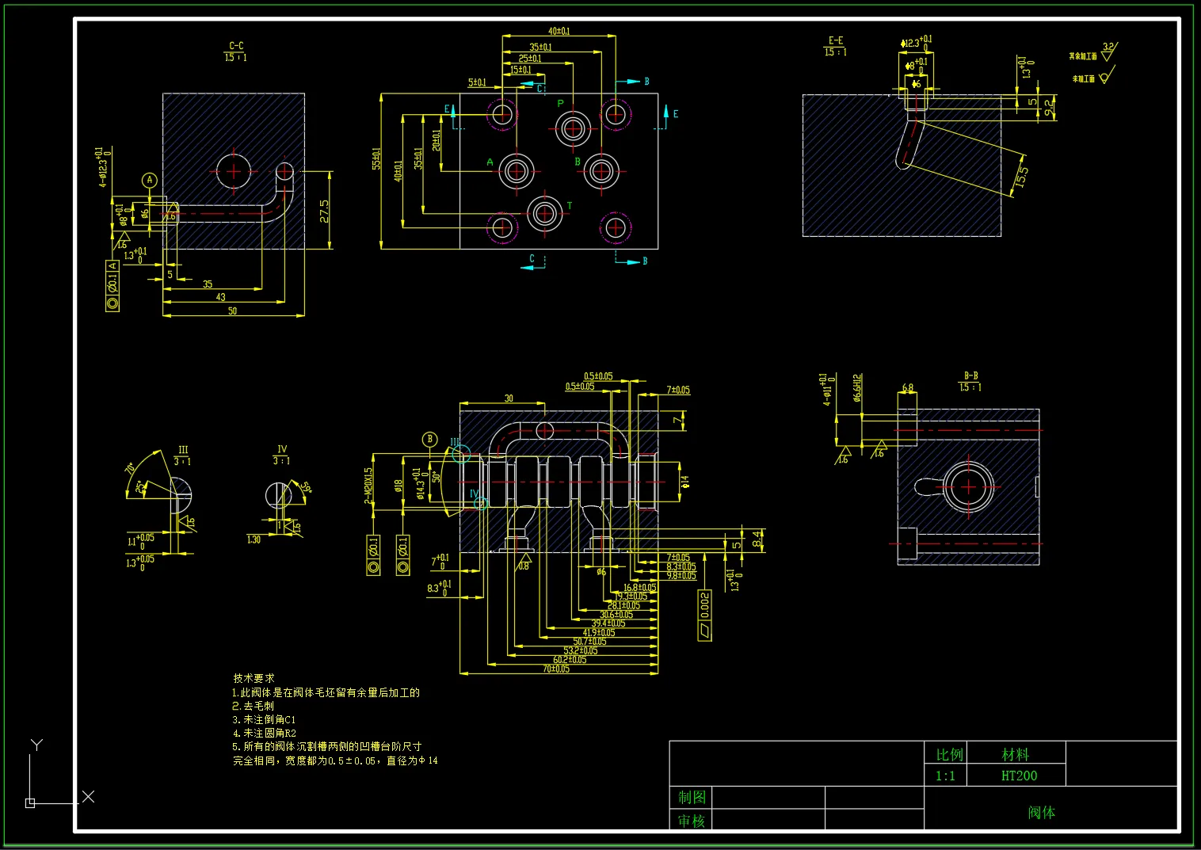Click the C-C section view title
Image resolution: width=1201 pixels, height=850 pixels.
pos(236,51)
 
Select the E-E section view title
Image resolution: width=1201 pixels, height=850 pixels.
pos(836,46)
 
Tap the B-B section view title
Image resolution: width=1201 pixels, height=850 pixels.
pos(970,381)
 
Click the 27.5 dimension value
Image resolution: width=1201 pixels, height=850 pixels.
pos(325,211)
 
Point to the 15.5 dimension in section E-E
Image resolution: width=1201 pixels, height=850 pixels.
pos(1023,176)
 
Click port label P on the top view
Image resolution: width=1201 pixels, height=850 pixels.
pos(561,104)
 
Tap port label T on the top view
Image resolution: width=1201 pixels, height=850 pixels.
pos(570,206)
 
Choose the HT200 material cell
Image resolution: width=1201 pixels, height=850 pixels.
pos(1019,776)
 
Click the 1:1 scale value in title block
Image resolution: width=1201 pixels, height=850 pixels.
pos(945,776)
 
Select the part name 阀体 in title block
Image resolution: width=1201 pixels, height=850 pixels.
pos(1041,812)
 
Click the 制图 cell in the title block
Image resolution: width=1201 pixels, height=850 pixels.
pos(692,797)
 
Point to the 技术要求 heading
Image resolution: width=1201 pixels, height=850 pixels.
pos(254,678)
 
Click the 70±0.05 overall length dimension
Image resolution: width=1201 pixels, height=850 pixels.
pos(556,669)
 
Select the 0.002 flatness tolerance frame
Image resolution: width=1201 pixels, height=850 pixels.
pos(704,615)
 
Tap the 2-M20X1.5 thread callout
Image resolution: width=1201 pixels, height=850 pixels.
pos(368,485)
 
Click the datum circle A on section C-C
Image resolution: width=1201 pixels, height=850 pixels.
pos(150,181)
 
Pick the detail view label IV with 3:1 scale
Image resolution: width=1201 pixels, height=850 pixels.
pos(281,454)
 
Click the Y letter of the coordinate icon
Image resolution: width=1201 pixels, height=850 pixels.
pos(36,745)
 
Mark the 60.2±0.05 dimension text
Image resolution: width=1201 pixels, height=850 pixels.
pos(570,660)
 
